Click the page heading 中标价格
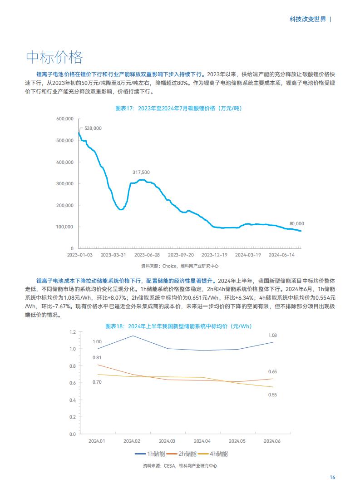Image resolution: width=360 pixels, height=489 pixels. pyautogui.click(x=54, y=57)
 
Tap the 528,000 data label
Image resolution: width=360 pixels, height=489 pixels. pyautogui.click(x=93, y=128)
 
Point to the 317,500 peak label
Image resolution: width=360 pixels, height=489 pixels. pyautogui.click(x=141, y=172)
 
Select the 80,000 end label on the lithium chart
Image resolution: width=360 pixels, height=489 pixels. pyautogui.click(x=297, y=223)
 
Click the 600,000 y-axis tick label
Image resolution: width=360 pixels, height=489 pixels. pyautogui.click(x=65, y=119)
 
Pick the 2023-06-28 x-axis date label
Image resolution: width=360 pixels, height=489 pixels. pyautogui.click(x=147, y=255)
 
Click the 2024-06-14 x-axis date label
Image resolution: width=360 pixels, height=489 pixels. pyautogui.click(x=281, y=255)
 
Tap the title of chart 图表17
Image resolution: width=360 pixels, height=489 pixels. pyautogui.click(x=178, y=108)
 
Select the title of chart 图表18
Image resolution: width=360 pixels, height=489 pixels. pyautogui.click(x=178, y=326)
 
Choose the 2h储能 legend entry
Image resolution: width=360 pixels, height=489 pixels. pyautogui.click(x=182, y=454)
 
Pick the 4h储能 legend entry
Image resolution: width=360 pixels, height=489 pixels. pyautogui.click(x=213, y=454)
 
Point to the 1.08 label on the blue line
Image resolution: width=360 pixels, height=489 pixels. pyautogui.click(x=272, y=335)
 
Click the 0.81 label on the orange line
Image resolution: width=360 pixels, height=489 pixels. pyautogui.click(x=97, y=357)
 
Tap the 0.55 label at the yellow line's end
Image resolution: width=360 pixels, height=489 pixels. pyautogui.click(x=272, y=395)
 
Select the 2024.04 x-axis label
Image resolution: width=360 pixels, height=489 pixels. pyautogui.click(x=202, y=441)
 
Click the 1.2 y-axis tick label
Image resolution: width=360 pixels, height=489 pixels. pyautogui.click(x=72, y=332)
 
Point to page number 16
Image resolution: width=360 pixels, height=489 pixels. pyautogui.click(x=332, y=478)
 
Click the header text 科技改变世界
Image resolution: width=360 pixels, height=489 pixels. pyautogui.click(x=308, y=20)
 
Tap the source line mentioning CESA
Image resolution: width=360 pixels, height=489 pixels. pyautogui.click(x=180, y=465)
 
